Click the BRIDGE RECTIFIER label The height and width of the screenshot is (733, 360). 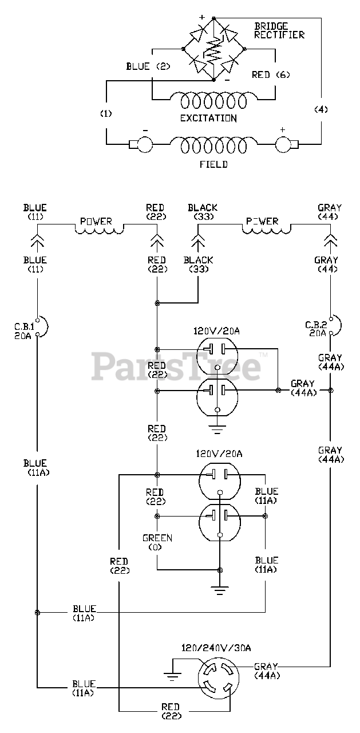click(x=279, y=30)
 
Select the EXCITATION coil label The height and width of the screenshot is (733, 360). click(x=208, y=118)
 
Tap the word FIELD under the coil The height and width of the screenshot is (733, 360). click(x=213, y=164)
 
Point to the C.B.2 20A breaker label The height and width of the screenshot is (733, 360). click(x=316, y=329)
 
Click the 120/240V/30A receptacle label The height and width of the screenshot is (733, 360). click(x=216, y=648)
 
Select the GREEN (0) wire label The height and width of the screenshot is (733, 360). click(x=157, y=542)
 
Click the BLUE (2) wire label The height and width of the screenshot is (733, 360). click(x=148, y=66)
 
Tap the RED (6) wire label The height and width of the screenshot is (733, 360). click(x=271, y=75)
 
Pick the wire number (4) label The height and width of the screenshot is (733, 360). click(x=321, y=109)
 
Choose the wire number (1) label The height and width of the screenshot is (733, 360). click(x=106, y=113)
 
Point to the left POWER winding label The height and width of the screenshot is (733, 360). click(x=96, y=222)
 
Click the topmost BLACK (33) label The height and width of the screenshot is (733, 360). click(x=203, y=212)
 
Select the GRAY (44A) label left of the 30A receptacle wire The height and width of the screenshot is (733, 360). click(x=267, y=671)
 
